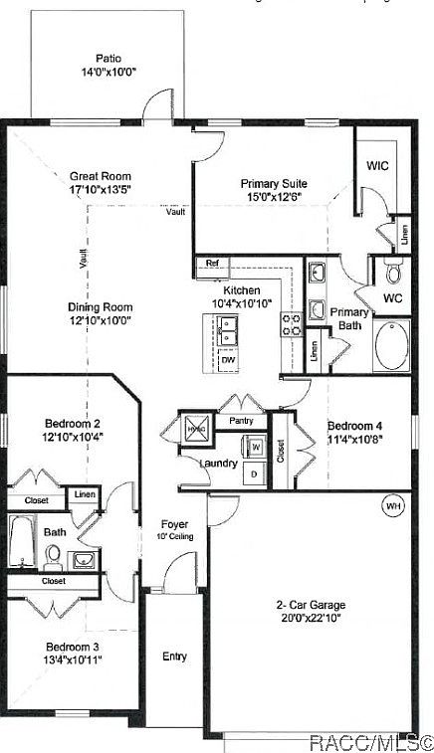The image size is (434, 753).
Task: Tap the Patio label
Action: tap(108, 59)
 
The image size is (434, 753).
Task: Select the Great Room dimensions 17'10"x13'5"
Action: tap(101, 187)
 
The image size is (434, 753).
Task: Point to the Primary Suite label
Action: tap(273, 183)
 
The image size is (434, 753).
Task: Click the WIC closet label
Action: tap(378, 165)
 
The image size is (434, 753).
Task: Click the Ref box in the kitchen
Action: tap(212, 264)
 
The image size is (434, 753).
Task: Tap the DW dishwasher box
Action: tap(229, 359)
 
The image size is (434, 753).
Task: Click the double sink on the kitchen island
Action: tap(229, 329)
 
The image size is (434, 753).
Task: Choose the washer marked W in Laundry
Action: tap(256, 447)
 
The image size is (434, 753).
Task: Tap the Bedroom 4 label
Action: tap(354, 425)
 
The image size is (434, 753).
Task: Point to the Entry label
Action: tap(174, 657)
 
